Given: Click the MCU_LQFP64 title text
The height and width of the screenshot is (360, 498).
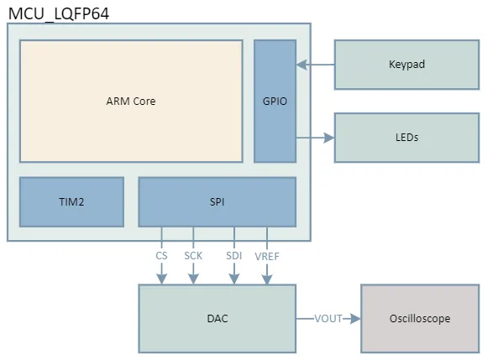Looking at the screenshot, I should tap(58, 13).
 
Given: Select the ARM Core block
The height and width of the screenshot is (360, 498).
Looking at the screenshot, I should tap(131, 102).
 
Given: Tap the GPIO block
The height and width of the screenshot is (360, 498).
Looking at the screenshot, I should tap(275, 102).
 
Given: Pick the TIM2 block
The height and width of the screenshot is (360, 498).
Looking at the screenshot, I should tap(71, 201).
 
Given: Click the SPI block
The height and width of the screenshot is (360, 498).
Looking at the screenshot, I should tap(217, 201).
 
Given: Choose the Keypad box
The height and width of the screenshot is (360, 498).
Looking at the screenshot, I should tap(406, 64).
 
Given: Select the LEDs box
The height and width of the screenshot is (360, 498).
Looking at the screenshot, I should tap(406, 137).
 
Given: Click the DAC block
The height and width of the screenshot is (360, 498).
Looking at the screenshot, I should tap(217, 319).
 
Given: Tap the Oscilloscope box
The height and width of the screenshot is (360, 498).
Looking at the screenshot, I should tap(419, 319).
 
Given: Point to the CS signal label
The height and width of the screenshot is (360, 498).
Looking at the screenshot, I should tap(161, 255).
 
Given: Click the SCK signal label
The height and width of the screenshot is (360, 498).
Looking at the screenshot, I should tap(194, 255).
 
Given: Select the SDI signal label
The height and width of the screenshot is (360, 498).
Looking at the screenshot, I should tap(233, 255).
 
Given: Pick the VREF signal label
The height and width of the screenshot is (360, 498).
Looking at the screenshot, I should tap(267, 255).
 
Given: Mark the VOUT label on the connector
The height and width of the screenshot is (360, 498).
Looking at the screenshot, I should tap(328, 319).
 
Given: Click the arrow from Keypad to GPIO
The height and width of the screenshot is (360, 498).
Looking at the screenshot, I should tap(316, 64).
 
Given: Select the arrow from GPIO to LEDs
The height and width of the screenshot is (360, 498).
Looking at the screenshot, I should tap(316, 137).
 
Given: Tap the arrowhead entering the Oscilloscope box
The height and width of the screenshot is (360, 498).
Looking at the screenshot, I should tap(355, 319).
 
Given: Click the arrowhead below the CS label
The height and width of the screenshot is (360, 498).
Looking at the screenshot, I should tap(161, 278).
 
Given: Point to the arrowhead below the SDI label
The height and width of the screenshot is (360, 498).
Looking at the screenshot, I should tap(233, 278).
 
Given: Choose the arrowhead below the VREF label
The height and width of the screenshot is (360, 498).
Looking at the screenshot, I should tap(267, 278).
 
